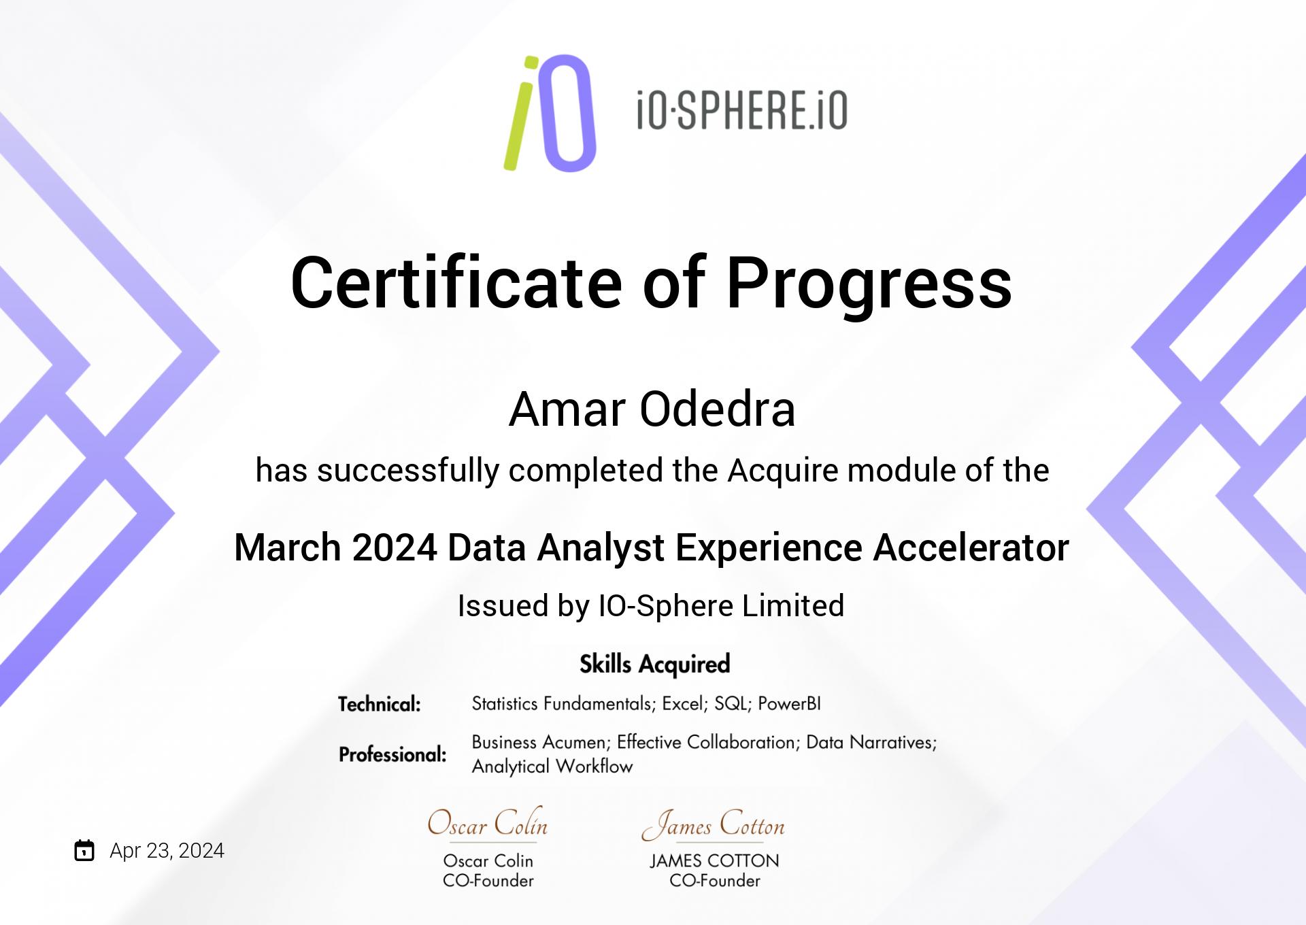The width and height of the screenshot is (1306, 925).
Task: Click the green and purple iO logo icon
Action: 550,113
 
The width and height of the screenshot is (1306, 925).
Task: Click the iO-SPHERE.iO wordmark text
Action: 742,110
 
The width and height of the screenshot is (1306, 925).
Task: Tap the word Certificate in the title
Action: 456,282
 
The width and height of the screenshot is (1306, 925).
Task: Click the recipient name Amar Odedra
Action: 652,409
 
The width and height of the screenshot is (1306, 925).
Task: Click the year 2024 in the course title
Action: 395,548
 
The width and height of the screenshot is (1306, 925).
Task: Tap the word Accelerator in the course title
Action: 971,548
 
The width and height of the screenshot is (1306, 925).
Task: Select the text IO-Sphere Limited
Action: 721,606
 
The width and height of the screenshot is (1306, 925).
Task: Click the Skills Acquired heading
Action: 654,665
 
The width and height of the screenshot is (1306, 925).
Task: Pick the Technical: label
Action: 380,704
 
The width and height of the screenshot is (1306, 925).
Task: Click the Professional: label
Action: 392,754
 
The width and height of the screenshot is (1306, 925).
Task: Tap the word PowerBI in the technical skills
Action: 789,703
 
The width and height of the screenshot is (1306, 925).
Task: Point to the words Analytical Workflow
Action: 552,767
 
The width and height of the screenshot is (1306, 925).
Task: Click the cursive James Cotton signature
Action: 713,824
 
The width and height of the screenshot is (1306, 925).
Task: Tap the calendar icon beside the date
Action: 84,850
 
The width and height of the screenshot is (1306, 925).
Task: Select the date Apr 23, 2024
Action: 167,851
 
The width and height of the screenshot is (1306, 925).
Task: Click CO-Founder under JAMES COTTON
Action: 714,881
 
